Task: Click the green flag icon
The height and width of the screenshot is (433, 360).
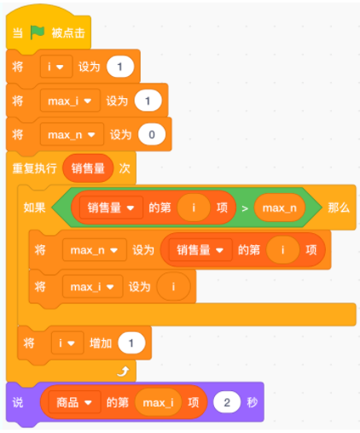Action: pos(38,32)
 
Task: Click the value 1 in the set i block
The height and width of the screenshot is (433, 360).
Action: pos(120,67)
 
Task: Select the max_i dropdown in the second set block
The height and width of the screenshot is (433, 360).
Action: pos(70,101)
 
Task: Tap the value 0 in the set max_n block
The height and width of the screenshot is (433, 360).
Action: pos(152,134)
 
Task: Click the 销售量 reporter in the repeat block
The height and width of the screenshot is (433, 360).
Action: pos(88,168)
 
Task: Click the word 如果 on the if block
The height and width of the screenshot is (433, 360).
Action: pos(34,208)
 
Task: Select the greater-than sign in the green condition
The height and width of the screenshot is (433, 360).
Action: pos(245,208)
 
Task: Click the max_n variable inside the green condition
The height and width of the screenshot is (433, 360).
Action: pos(280,208)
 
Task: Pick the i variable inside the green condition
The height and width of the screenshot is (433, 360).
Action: pos(194,208)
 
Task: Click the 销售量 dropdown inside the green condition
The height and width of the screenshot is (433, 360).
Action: pos(111,208)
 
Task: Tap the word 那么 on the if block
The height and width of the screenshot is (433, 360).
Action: pos(339,208)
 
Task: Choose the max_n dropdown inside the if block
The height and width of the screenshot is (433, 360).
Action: pos(95,250)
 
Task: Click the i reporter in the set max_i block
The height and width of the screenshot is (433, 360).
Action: pos(173,286)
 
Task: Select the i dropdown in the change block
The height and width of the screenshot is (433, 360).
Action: pos(67,342)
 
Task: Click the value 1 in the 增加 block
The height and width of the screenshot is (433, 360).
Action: pos(131,343)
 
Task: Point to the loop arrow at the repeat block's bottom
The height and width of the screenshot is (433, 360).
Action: pos(124,371)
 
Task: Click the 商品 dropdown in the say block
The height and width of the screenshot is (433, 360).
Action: pos(74,402)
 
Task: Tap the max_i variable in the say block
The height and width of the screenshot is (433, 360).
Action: pos(158,402)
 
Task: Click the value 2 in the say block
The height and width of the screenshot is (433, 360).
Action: pos(227,402)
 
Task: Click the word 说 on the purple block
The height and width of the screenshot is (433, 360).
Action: pos(18,402)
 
